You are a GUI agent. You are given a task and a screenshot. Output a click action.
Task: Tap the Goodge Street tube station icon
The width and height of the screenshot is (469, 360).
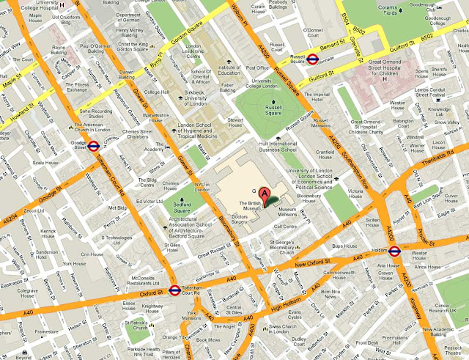[x=93, y=145]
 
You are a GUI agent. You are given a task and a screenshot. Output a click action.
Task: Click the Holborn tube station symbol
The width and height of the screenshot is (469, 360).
[x=395, y=251]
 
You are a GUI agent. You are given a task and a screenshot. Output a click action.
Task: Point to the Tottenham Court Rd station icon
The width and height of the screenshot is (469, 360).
[x=174, y=289]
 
